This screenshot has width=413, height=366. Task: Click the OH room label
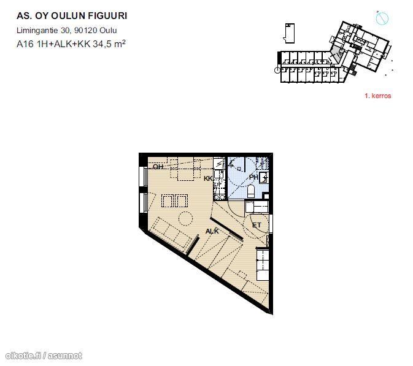click(158, 167)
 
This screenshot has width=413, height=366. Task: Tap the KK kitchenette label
click(208, 178)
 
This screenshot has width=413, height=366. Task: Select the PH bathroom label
click(253, 177)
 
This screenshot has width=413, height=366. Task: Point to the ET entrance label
click(257, 225)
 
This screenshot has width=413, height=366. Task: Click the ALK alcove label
click(212, 231)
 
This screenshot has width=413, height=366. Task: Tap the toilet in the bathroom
click(251, 191)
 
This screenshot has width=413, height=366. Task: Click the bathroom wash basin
click(264, 177)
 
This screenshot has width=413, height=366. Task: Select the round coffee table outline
click(185, 218)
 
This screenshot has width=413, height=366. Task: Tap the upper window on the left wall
click(145, 177)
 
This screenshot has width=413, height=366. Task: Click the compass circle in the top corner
click(382, 18)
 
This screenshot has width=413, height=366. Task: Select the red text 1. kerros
click(377, 96)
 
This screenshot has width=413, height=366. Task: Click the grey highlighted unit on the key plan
click(336, 55)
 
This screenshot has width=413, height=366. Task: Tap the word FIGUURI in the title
click(107, 16)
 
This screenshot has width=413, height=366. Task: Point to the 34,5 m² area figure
click(109, 44)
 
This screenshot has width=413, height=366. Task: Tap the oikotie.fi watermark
click(44, 356)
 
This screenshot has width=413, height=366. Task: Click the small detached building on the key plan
click(289, 33)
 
